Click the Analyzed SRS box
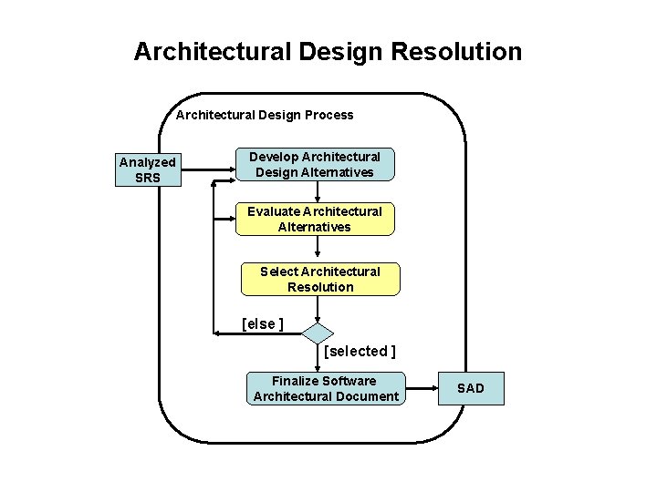pos(147,169)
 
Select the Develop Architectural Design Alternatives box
pos(315,164)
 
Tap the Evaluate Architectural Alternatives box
pos(315,219)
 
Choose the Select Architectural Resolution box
pos(319,279)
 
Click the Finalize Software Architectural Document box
pos(325,388)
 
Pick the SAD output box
pos(471,388)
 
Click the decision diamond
pos(318,333)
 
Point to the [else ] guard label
pos(262,323)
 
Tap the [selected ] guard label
pos(360,351)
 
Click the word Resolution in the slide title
pos(456,51)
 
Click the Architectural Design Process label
pos(265,115)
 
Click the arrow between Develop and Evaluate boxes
pos(318,191)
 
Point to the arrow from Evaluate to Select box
pos(318,249)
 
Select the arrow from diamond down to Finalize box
pos(318,358)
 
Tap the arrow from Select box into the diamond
pos(318,310)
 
